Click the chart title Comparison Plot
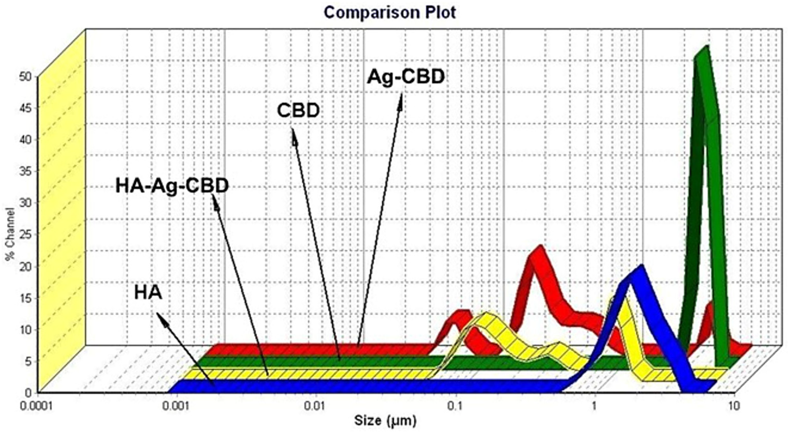pos(390,13)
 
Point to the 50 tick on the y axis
pos(26,77)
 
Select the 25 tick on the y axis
pos(26,234)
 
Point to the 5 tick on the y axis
pos(28,361)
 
